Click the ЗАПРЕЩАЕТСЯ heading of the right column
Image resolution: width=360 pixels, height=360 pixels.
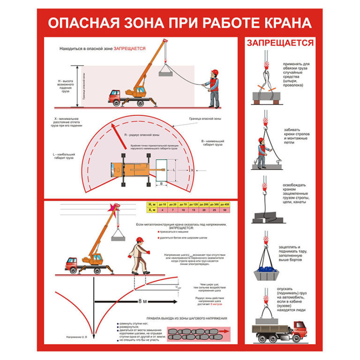(280, 43)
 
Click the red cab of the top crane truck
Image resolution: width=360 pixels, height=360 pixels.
(114, 96)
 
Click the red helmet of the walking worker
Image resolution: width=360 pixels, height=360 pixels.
(139, 240)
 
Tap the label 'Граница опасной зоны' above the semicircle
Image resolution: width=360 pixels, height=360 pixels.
(203, 119)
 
